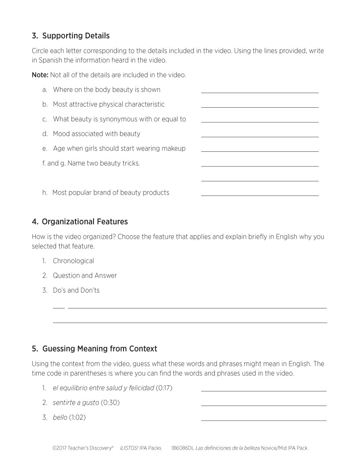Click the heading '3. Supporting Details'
[71, 36]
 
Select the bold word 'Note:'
[40, 75]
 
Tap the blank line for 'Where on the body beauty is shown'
[259, 92]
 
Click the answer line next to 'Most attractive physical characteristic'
[259, 107]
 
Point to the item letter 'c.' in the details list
[45, 119]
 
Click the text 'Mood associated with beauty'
[96, 134]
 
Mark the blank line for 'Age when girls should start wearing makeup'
[259, 151]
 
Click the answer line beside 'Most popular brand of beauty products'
[259, 195]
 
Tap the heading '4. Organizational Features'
[80, 222]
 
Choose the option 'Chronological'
[73, 261]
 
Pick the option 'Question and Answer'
[85, 275]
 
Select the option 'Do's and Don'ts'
[76, 290]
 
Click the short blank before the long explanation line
[59, 308]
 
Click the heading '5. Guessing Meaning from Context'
[94, 349]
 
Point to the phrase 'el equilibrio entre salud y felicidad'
[103, 388]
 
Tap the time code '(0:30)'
[110, 402]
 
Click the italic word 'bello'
[60, 417]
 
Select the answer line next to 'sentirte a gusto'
[263, 405]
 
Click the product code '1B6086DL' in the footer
[182, 448]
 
